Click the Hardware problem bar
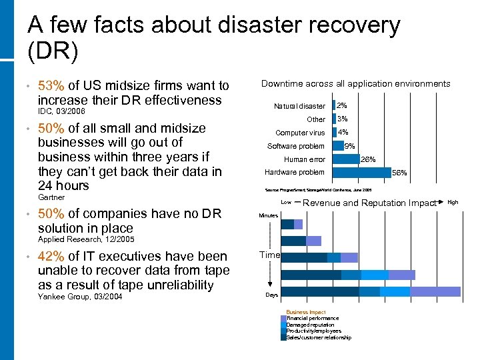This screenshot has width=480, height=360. pyautogui.click(x=361, y=172)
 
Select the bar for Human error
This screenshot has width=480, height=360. pyautogui.click(x=345, y=159)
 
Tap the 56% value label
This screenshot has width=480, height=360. pyautogui.click(x=399, y=173)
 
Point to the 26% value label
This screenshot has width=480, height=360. pyautogui.click(x=368, y=159)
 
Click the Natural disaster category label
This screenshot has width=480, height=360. pyautogui.click(x=299, y=106)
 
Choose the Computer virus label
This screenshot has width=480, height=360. pyautogui.click(x=300, y=133)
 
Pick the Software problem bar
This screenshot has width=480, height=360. pyautogui.click(x=337, y=146)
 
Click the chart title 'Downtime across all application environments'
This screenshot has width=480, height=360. pyautogui.click(x=355, y=84)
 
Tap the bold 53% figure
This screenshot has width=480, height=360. pyautogui.click(x=51, y=85)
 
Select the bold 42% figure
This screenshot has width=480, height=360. pyautogui.click(x=51, y=256)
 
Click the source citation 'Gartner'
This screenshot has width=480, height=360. pyautogui.click(x=51, y=197)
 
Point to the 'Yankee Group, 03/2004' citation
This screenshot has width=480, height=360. pyautogui.click(x=80, y=296)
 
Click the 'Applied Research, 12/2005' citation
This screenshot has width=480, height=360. pyautogui.click(x=86, y=239)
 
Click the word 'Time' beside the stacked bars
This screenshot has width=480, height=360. pyautogui.click(x=270, y=255)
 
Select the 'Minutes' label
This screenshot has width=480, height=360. pyautogui.click(x=268, y=215)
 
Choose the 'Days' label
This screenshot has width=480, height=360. pyautogui.click(x=271, y=295)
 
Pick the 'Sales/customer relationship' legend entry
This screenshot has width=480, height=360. pyautogui.click(x=319, y=337)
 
